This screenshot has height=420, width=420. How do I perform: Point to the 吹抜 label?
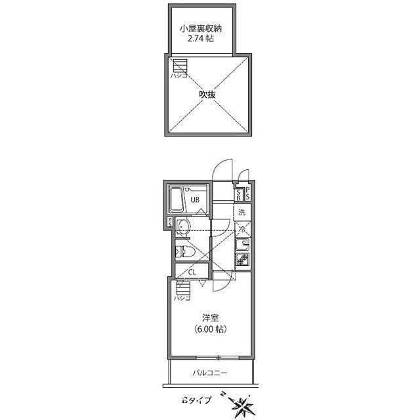207,94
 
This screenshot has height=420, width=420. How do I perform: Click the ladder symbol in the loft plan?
179,66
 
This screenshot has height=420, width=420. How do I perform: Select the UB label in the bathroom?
195,200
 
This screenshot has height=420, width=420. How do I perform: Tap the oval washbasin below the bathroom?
184,228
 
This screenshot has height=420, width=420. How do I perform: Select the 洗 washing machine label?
241,212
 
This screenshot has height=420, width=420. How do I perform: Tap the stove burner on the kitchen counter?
241,260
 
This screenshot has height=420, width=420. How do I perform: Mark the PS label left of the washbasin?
169,222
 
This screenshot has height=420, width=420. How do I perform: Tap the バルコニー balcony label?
209,373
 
